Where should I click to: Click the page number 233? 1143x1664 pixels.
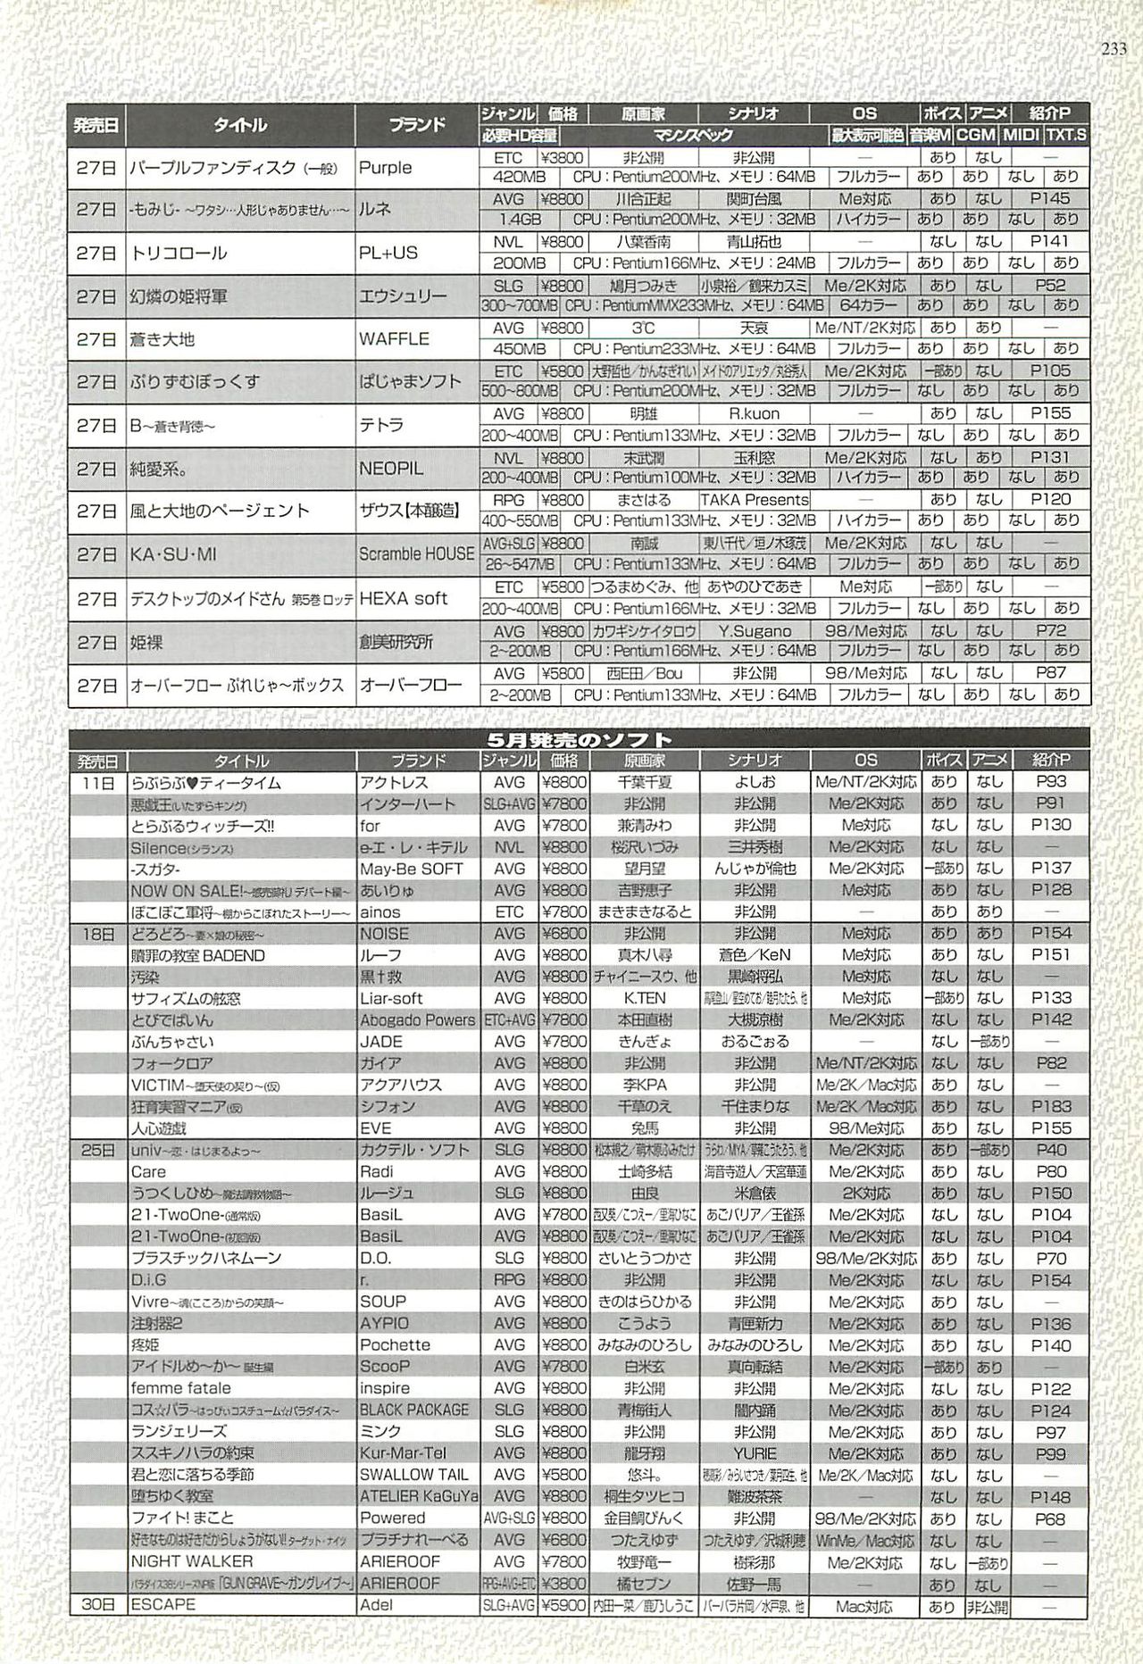click(x=1114, y=50)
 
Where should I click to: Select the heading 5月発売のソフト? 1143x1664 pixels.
click(x=580, y=739)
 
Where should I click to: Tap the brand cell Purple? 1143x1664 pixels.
click(x=385, y=167)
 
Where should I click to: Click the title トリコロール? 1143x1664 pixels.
click(x=179, y=253)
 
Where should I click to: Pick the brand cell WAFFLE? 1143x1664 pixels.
click(x=394, y=339)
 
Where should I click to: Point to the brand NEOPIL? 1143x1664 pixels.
click(x=391, y=469)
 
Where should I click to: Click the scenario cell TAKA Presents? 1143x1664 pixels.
click(x=754, y=500)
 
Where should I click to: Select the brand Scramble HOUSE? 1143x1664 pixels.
click(x=416, y=554)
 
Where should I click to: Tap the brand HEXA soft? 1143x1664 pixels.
click(x=403, y=598)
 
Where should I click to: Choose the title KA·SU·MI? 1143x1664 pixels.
click(x=173, y=554)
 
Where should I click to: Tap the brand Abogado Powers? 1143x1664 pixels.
click(x=417, y=1020)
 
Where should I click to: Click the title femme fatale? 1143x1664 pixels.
click(x=180, y=1388)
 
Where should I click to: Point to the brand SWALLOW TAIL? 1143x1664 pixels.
click(x=413, y=1475)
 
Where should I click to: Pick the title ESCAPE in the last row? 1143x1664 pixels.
click(x=163, y=1604)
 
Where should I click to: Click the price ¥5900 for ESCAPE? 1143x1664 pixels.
click(x=563, y=1604)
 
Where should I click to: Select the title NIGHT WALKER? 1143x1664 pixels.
click(x=191, y=1561)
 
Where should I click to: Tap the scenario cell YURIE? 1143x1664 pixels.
click(x=754, y=1453)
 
